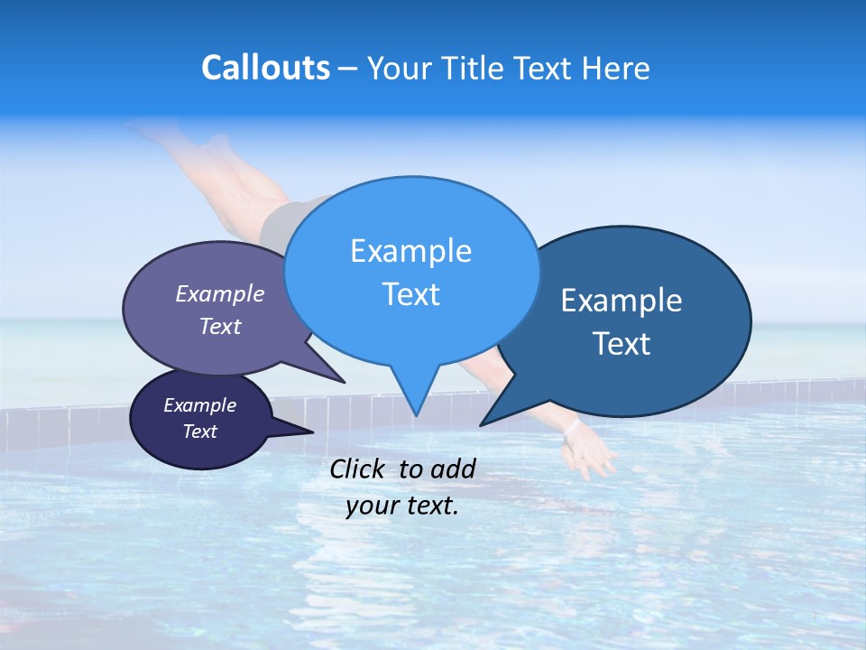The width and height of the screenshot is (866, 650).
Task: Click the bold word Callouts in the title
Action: point(265,68)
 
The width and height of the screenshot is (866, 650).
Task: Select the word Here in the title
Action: point(614,68)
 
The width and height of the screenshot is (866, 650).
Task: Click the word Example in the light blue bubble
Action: point(410,251)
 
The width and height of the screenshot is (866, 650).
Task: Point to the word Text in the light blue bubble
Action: point(410,294)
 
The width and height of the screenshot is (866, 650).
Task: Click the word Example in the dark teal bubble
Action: point(622,301)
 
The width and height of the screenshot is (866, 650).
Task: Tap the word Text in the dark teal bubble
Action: point(622,343)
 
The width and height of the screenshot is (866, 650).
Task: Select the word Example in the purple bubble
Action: point(220,293)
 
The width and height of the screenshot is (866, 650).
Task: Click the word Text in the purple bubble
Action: point(220,326)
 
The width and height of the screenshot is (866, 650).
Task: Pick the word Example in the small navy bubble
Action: point(200,405)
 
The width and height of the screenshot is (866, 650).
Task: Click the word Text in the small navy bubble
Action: point(200,432)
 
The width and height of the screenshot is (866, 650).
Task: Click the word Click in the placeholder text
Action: point(359,469)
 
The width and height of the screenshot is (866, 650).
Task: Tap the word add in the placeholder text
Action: point(454,469)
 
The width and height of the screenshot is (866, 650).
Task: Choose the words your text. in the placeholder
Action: point(402,506)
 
